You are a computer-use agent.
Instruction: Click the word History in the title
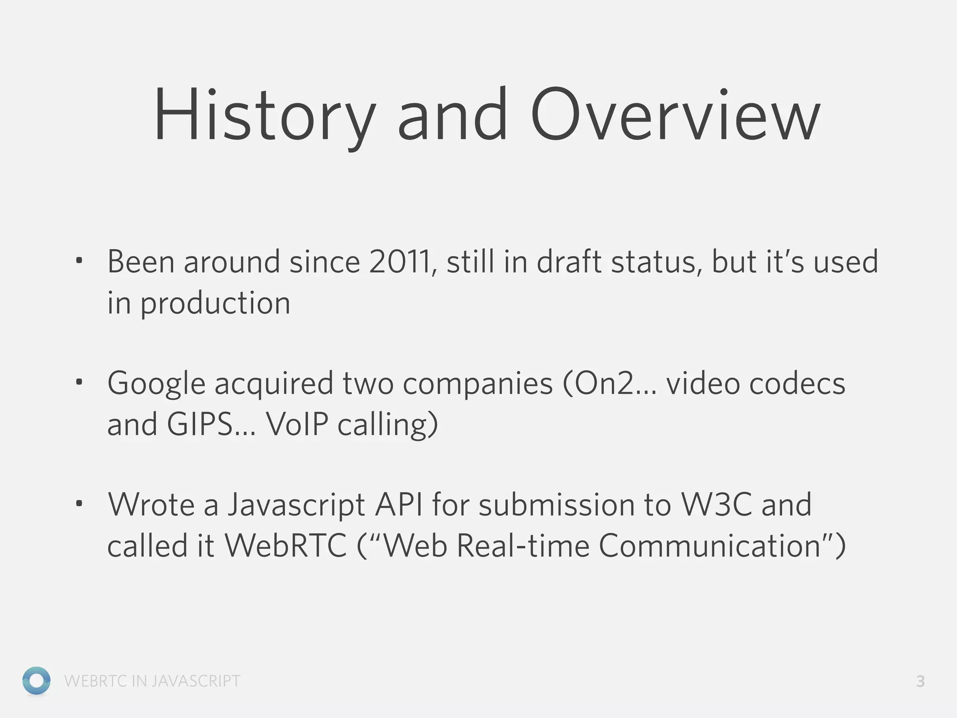coord(264,116)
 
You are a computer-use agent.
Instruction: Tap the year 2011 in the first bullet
coord(400,262)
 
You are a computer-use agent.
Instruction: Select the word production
coord(215,304)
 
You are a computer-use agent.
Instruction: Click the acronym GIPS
coord(200,424)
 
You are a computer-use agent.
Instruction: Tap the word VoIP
coord(297,424)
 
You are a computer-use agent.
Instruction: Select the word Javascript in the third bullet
coord(296,506)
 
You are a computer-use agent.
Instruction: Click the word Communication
coord(710,546)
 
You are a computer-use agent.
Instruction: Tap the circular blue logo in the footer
coord(36,681)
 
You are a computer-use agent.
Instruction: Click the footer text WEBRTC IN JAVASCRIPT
coord(152,681)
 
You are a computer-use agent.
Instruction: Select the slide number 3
coord(920,682)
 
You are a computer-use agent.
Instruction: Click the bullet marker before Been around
coord(79,260)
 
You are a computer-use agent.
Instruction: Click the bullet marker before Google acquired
coord(79,382)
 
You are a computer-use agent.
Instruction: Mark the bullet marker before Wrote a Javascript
coord(79,504)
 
